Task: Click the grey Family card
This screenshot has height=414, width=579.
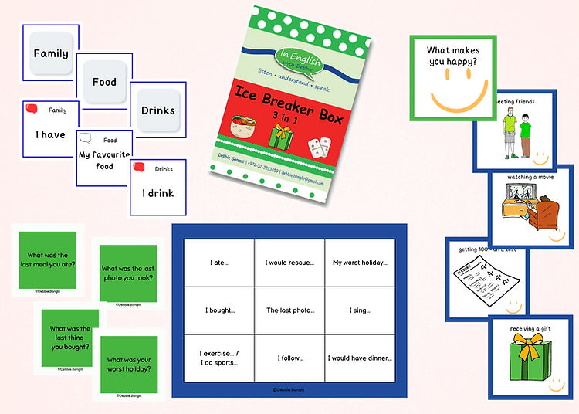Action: (50, 54)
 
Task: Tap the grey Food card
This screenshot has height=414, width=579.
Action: (104, 82)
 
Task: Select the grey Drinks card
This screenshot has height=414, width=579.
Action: (157, 110)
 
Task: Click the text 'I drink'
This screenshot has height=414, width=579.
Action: (157, 193)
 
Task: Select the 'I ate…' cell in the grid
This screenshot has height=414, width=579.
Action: (218, 263)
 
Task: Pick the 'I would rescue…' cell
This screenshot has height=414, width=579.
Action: (289, 263)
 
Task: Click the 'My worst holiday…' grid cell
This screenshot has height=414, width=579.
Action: (360, 263)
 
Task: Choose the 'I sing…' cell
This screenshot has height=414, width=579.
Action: (360, 310)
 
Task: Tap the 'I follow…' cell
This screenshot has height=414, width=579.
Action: (289, 358)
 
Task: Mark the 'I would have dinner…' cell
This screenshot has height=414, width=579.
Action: (360, 358)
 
